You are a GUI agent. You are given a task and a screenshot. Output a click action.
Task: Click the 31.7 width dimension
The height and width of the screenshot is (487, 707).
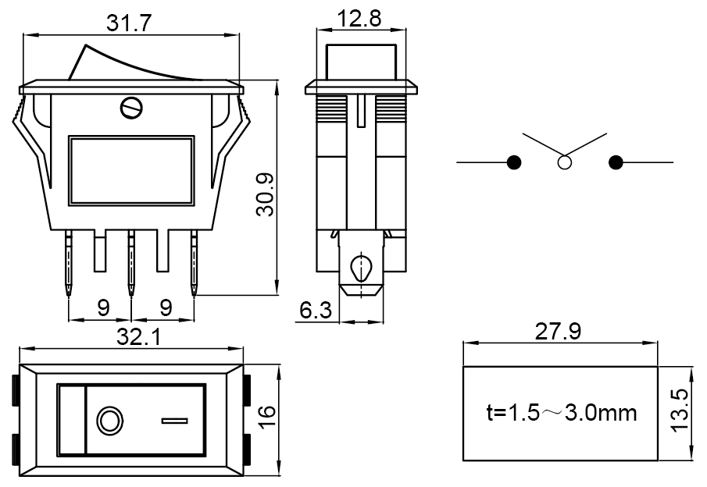pos(130,23)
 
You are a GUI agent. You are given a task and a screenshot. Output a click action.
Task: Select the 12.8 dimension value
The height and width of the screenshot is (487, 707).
pos(360,17)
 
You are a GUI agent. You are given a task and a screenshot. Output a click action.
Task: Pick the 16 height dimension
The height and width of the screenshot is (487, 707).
pos(266,414)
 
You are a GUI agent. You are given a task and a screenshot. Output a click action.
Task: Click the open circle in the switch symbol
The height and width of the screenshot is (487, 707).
pos(564,162)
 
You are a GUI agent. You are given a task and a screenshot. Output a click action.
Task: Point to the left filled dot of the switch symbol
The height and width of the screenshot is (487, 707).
pos(514,162)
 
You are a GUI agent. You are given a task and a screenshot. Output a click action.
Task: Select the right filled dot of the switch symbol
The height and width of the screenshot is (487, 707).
pos(616,162)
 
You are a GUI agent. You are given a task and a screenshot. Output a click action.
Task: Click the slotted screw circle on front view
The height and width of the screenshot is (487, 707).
pos(132,107)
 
